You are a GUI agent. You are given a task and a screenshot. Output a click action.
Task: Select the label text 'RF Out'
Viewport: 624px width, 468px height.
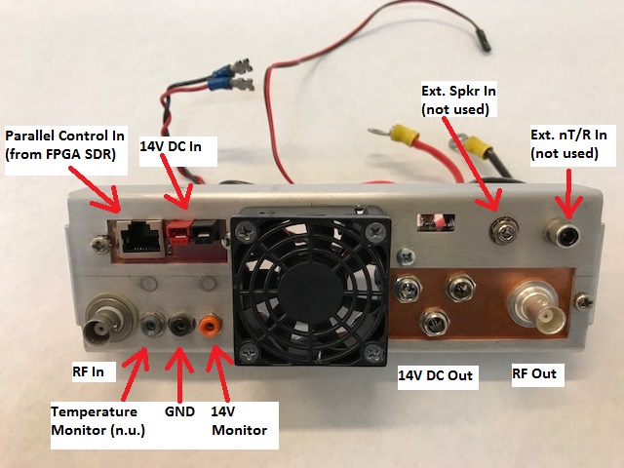click(x=538, y=373)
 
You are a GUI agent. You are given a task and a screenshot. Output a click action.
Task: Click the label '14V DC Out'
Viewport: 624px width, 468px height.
click(x=437, y=375)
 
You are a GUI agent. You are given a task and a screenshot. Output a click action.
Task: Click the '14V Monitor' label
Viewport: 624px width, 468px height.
click(x=239, y=419)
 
